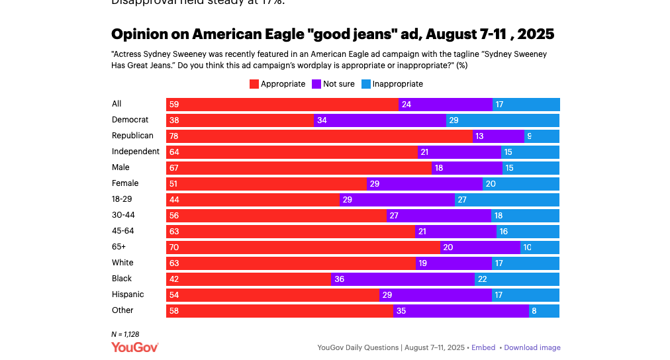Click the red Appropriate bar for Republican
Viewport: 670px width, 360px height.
coord(319,136)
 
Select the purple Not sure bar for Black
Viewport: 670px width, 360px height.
coord(403,279)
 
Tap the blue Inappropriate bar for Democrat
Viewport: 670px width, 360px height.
coord(502,120)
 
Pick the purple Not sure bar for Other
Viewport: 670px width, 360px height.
coord(461,311)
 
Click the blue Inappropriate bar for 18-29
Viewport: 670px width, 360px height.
coord(507,200)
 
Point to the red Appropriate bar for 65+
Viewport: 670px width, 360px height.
coord(303,247)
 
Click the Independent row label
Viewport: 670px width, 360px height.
coord(136,152)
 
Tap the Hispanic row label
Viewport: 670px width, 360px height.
coord(128,294)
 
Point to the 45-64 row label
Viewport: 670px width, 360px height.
coord(123,231)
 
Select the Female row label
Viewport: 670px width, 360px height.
coord(125,183)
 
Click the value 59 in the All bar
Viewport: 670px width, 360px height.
coord(174,105)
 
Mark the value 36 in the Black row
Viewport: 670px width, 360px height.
coord(339,279)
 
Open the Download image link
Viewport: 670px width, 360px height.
coord(532,347)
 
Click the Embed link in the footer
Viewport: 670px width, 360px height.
coord(483,347)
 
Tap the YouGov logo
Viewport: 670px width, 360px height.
coord(135,347)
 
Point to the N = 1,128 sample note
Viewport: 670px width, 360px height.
coord(125,334)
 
